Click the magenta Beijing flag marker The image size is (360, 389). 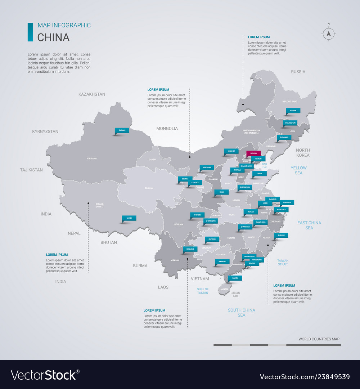pyautogui.click(x=253, y=153)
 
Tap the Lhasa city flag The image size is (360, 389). pyautogui.click(x=129, y=218)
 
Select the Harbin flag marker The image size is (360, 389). pyautogui.click(x=293, y=111)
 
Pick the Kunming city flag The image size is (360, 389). pyautogui.click(x=190, y=249)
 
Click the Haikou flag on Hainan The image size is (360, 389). pyautogui.click(x=235, y=278)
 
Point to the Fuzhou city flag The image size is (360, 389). pyautogui.click(x=281, y=235)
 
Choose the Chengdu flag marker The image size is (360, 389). pyautogui.click(x=197, y=215)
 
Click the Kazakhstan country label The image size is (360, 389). pyautogui.click(x=92, y=94)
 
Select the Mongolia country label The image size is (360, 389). pyautogui.click(x=167, y=128)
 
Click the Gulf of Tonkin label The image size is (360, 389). pyautogui.click(x=203, y=291)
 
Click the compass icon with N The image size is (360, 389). pyautogui.click(x=328, y=34)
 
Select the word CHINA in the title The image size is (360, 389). pyautogui.click(x=54, y=37)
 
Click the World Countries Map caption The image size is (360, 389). pyautogui.click(x=319, y=339)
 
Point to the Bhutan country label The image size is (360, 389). pyautogui.click(x=108, y=242)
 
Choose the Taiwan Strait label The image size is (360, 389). pyautogui.click(x=283, y=262)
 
